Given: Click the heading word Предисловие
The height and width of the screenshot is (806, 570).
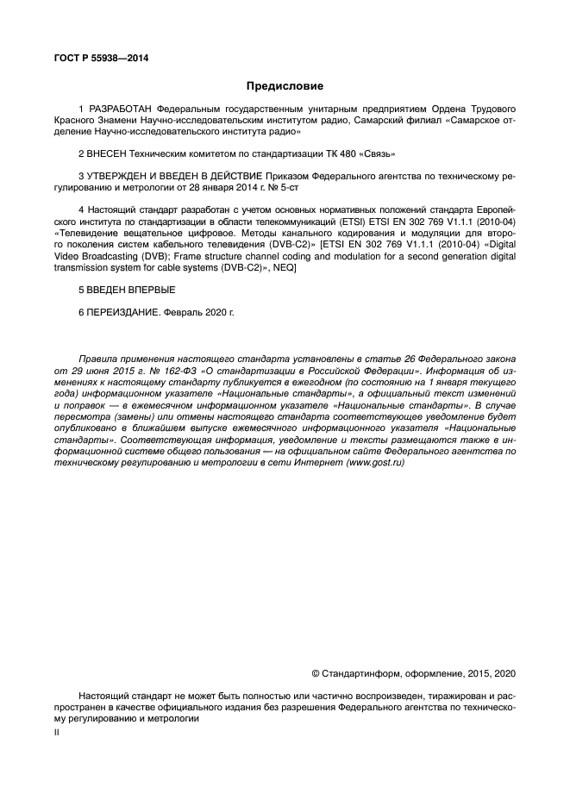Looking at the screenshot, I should (x=285, y=86).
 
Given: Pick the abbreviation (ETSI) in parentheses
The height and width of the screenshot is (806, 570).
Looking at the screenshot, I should (x=339, y=222).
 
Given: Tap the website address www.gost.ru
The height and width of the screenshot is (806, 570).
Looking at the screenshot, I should (x=376, y=462).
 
